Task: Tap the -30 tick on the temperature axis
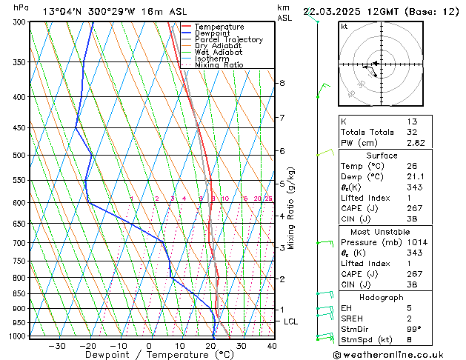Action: coord(57,346)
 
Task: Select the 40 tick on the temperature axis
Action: coord(272,346)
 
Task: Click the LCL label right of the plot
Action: coord(290,321)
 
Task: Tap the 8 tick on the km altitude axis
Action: coord(282,83)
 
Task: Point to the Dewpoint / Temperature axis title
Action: coord(149,356)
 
